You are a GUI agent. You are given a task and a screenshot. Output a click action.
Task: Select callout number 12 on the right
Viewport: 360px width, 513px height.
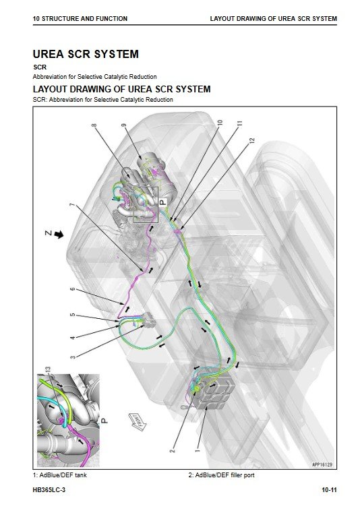pyautogui.click(x=251, y=140)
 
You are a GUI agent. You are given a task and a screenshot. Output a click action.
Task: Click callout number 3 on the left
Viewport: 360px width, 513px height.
pyautogui.click(x=73, y=357)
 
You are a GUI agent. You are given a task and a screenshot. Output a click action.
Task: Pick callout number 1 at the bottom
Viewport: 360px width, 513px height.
pyautogui.click(x=197, y=450)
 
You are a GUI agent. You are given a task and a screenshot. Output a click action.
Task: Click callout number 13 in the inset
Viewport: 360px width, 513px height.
pyautogui.click(x=48, y=369)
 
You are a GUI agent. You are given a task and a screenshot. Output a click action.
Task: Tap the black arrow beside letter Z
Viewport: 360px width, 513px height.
pyautogui.click(x=59, y=235)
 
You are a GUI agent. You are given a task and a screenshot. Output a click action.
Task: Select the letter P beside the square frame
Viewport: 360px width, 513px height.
pyautogui.click(x=162, y=202)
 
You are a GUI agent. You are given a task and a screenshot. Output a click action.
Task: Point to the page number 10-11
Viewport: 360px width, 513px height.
pyautogui.click(x=329, y=490)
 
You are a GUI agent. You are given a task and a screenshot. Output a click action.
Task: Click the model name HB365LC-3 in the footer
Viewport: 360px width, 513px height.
pyautogui.click(x=49, y=490)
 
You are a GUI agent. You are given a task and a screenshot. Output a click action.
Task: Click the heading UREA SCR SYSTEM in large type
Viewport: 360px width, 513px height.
pyautogui.click(x=86, y=54)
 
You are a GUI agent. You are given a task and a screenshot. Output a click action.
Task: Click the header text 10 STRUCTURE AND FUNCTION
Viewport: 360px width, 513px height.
pyautogui.click(x=80, y=19)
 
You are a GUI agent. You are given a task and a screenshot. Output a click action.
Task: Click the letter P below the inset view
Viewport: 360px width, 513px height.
pyautogui.click(x=104, y=421)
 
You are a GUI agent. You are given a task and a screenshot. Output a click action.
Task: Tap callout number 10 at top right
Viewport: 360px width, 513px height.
pyautogui.click(x=220, y=123)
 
